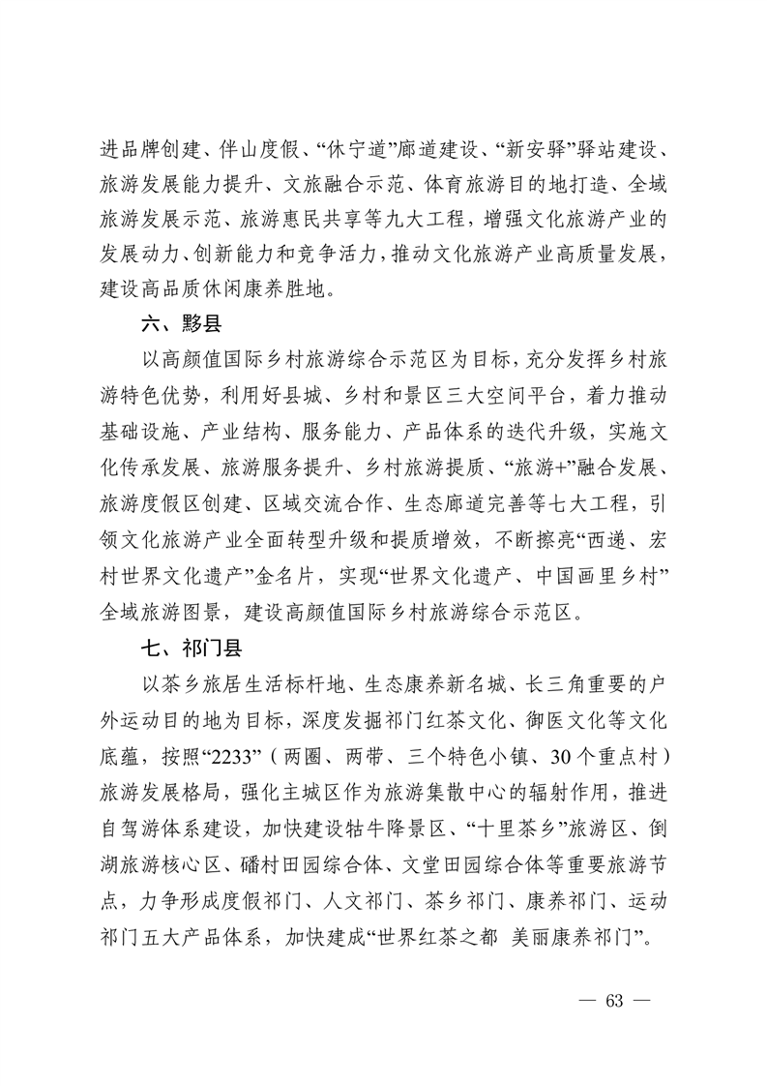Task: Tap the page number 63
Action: pos(613,1000)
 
